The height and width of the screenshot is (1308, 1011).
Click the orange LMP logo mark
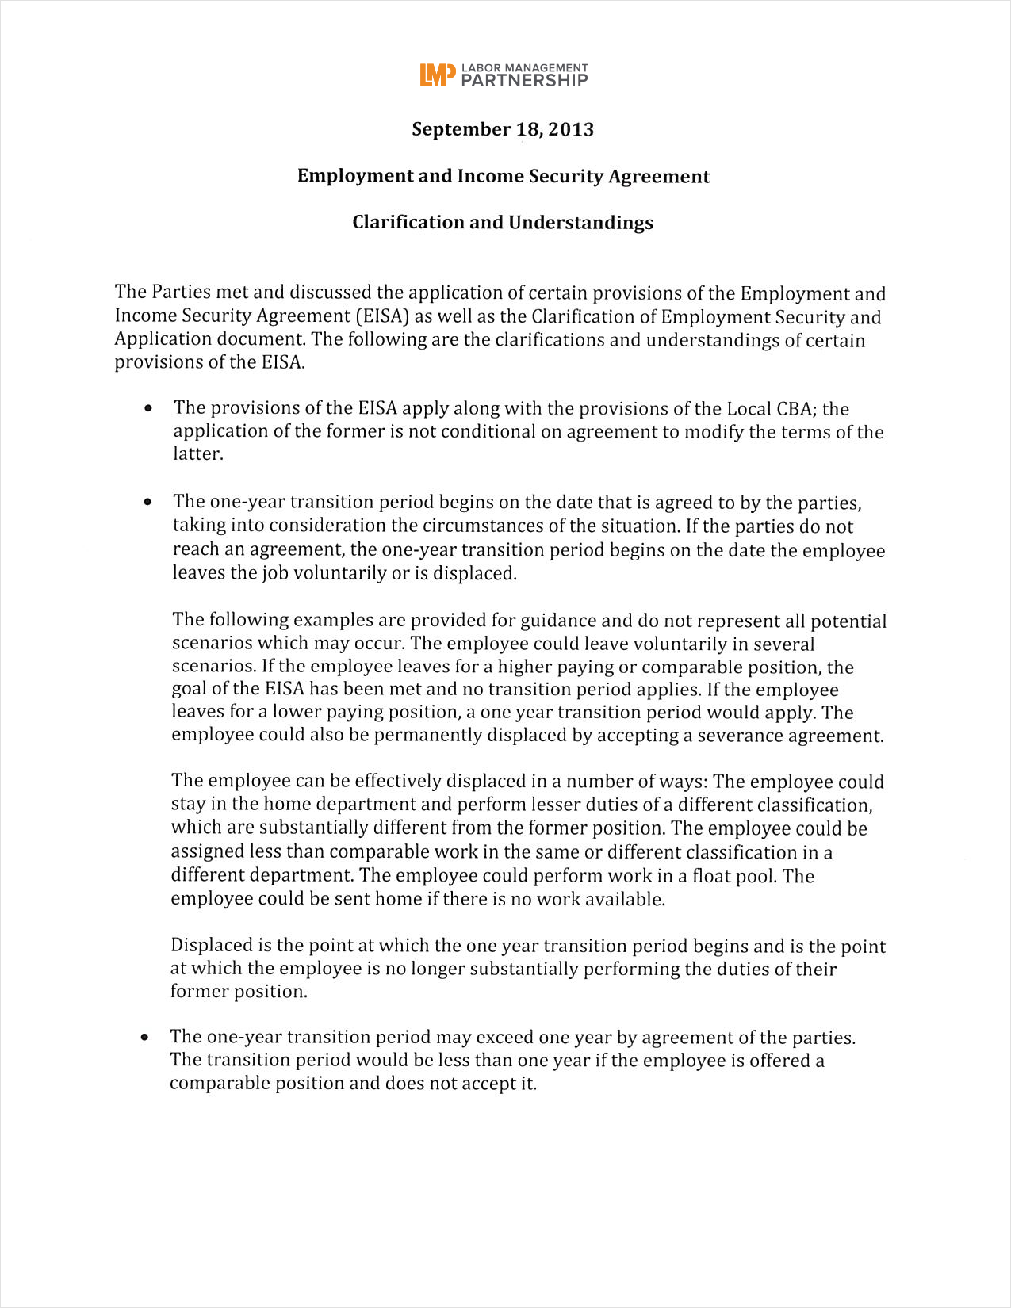pyautogui.click(x=438, y=75)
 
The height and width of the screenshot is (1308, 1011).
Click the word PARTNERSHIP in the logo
pyautogui.click(x=524, y=80)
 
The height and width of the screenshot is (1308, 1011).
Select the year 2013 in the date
pyautogui.click(x=571, y=129)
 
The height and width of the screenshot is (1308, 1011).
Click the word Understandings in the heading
pyautogui.click(x=580, y=222)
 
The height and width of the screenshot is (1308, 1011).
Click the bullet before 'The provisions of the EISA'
pyautogui.click(x=148, y=409)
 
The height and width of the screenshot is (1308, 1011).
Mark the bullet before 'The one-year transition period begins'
pyautogui.click(x=148, y=503)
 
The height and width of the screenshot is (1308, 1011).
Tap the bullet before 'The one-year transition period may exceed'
pyautogui.click(x=145, y=1038)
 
